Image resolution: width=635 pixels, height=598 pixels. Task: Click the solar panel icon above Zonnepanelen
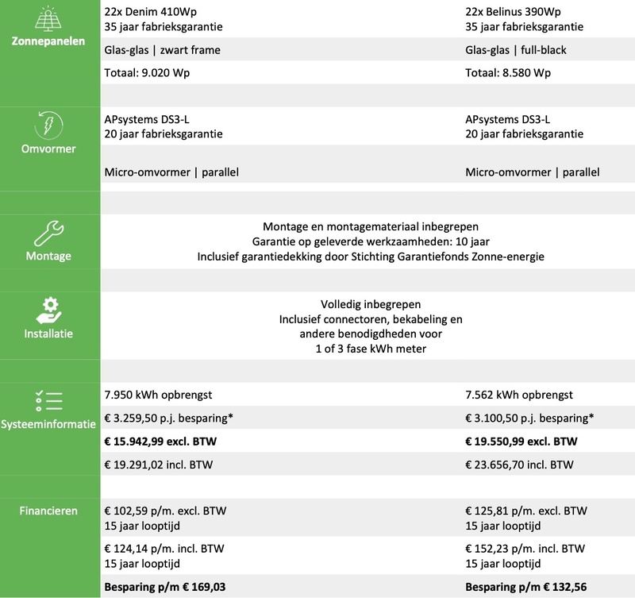(x=49, y=18)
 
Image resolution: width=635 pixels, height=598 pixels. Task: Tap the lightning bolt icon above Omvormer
(x=49, y=126)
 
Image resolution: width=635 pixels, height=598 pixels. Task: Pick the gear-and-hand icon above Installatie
(x=49, y=311)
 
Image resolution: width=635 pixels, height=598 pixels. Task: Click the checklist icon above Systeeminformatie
(x=49, y=399)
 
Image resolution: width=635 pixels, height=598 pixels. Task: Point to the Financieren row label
(x=49, y=511)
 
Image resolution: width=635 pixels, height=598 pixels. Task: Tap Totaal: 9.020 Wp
(x=146, y=71)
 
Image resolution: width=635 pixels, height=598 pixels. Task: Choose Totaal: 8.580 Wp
(x=509, y=71)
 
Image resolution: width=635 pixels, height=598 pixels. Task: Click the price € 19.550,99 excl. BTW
(x=522, y=441)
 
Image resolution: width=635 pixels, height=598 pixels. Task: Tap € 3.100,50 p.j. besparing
(x=530, y=418)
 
